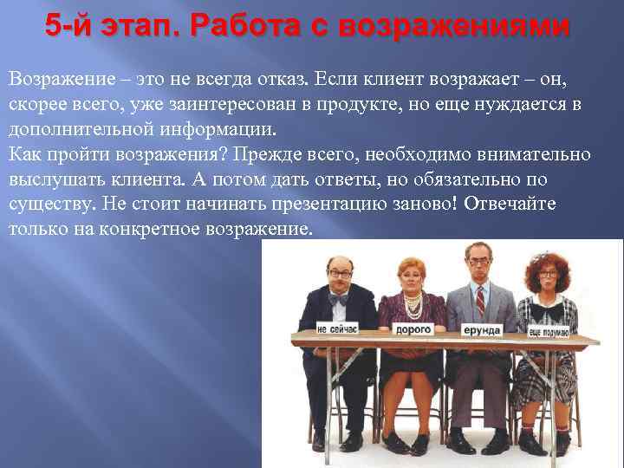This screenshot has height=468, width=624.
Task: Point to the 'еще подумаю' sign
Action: click(x=549, y=331)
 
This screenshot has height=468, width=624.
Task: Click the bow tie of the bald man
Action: click(x=339, y=298)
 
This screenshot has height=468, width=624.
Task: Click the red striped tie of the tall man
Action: click(x=480, y=300)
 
